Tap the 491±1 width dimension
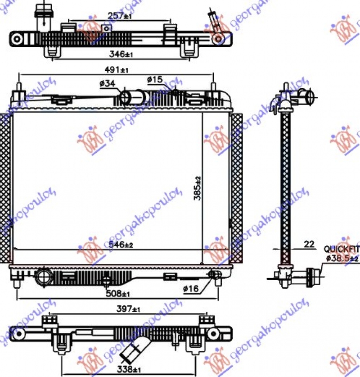117,70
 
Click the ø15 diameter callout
154,80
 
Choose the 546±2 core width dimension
121,245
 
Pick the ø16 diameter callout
190,289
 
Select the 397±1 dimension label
128,309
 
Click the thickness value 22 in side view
309,244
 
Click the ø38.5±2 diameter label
342,258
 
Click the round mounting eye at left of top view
17,38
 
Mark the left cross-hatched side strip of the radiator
5,188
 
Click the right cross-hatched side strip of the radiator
236,188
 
